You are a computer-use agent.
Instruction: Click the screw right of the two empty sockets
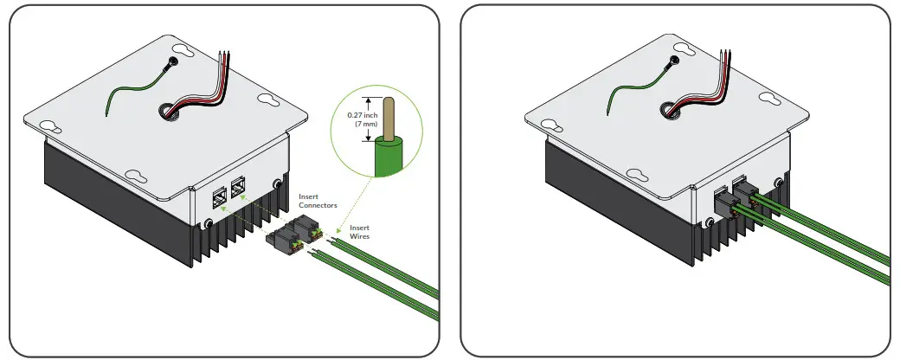(x=277, y=183)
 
